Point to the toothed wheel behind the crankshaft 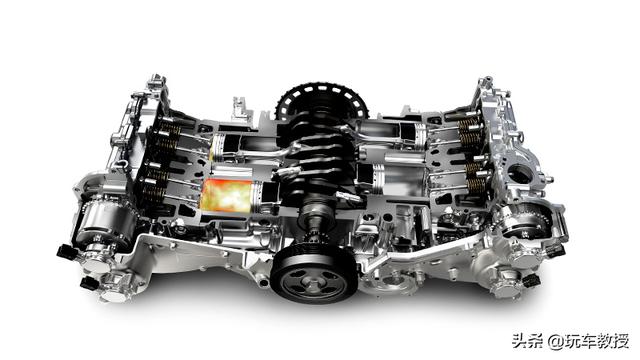click(x=321, y=102)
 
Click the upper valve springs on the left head click(x=167, y=135)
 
